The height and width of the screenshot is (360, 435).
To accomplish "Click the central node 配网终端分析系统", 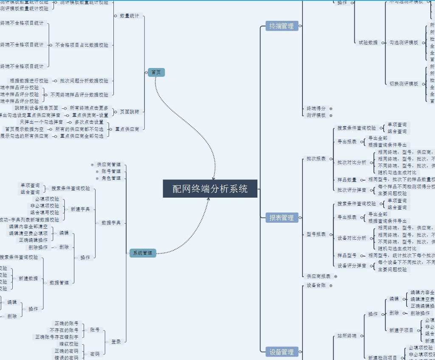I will click(210, 189).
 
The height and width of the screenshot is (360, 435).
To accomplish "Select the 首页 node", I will click(156, 72).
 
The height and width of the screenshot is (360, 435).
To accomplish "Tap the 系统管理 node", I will click(142, 253).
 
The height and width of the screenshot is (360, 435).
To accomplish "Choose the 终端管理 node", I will click(281, 26).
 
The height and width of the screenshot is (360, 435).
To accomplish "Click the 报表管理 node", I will click(281, 218).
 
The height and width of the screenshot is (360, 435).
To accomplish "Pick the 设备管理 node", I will click(281, 352).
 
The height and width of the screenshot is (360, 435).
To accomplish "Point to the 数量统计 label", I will click(129, 16).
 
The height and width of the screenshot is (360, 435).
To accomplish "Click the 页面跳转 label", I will click(129, 112).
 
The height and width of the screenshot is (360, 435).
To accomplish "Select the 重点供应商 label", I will click(127, 129).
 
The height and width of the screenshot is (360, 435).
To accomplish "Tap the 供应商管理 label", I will click(109, 164).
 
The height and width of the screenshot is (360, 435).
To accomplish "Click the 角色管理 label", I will click(111, 178).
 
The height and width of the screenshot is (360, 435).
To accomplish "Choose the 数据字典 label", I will click(111, 223).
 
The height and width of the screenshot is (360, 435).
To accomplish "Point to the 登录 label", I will click(116, 341).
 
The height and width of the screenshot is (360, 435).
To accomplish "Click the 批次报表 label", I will click(316, 159).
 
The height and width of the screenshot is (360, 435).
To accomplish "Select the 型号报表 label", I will click(316, 234).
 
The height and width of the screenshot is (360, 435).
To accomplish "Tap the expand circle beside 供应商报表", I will click(336, 276).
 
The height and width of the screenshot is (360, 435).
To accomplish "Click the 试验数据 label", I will click(368, 43).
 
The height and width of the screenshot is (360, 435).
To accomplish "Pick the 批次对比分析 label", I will click(352, 162).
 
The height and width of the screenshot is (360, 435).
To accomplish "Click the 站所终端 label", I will click(347, 336).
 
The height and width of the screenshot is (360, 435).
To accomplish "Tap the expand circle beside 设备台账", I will click(331, 286).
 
